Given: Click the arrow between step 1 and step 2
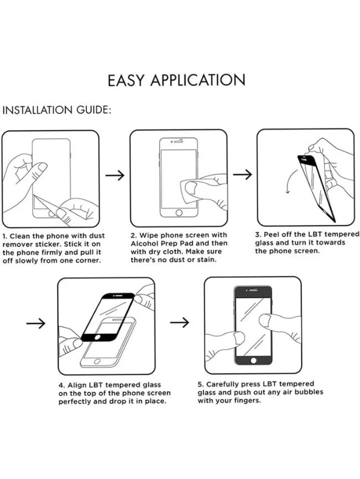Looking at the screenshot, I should (115, 175).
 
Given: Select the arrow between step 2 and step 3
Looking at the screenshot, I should (242, 174).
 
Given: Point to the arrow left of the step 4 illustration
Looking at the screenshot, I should (35, 323).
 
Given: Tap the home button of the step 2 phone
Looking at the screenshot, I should (179, 213).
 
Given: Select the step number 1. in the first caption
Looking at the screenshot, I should (6, 236).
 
